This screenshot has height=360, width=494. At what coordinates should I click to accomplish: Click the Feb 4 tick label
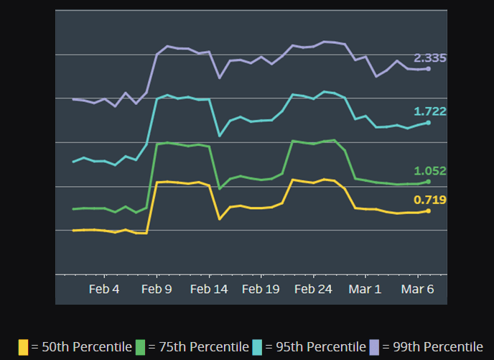[x=104, y=289]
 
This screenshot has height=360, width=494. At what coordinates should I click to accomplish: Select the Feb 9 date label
[x=157, y=289]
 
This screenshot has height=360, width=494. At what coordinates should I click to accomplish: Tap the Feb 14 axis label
[x=209, y=289]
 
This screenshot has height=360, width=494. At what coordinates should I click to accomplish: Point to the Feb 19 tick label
[x=261, y=289]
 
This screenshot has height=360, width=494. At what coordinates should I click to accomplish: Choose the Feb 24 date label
[x=313, y=289]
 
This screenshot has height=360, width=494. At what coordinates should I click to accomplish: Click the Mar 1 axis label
[x=365, y=289]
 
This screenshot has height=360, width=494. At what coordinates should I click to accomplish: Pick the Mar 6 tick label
[x=417, y=289]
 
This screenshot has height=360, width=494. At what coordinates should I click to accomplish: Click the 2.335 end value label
[x=430, y=57]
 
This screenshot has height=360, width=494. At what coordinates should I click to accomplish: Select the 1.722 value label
[x=430, y=111]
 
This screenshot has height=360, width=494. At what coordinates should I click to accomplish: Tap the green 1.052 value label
[x=430, y=170]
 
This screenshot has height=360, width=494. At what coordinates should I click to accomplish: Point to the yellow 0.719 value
[x=430, y=199]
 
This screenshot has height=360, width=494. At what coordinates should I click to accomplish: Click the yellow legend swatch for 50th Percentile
[x=24, y=347]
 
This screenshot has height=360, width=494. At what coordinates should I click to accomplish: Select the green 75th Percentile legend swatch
[x=140, y=347]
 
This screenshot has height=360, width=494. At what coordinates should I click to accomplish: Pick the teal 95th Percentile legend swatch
[x=257, y=347]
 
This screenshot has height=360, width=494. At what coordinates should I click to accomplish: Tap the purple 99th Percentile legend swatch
[x=374, y=347]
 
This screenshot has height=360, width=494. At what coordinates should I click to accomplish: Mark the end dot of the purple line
[x=428, y=69]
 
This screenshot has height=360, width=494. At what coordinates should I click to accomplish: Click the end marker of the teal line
[x=428, y=123]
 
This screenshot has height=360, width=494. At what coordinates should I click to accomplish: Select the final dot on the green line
[x=428, y=182]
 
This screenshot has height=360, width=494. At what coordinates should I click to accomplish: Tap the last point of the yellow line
[x=428, y=211]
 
